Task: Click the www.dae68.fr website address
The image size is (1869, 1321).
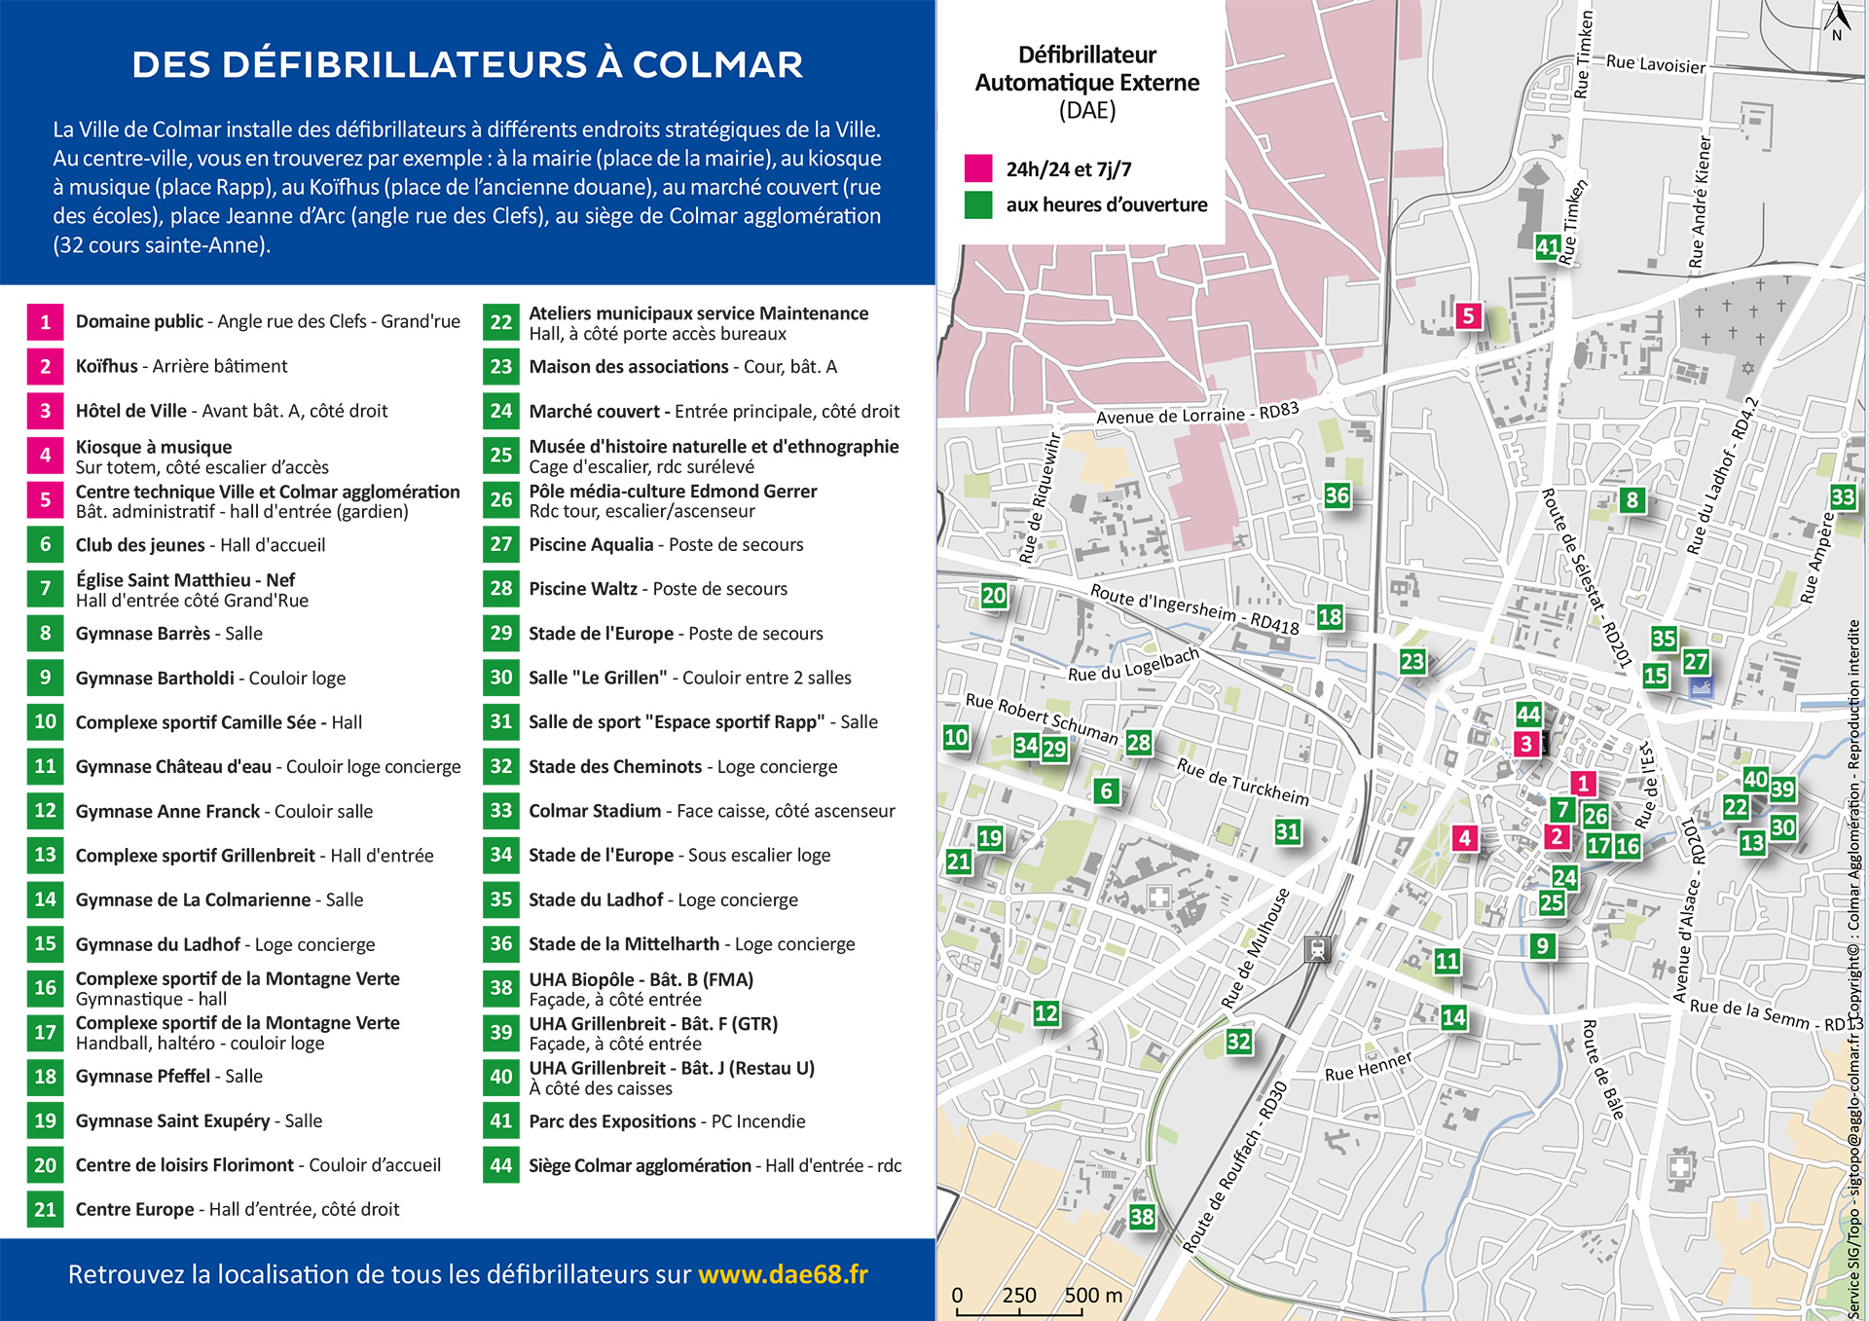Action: coord(783,1274)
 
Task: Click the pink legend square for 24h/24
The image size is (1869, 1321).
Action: coord(978,168)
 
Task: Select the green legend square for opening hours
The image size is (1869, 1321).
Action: coord(978,204)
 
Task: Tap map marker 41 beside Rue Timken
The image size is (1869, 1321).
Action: coord(1548,246)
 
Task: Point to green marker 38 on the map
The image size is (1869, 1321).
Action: coord(1142,1216)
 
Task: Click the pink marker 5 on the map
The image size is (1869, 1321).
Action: coord(1468,315)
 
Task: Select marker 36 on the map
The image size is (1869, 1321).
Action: coord(1338,495)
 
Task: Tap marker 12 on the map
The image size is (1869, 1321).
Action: coord(1045,1013)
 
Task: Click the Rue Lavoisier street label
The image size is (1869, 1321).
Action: coord(1655,64)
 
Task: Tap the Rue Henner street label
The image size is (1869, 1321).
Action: coord(1368,1067)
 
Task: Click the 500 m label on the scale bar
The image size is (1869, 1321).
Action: coord(1093,1296)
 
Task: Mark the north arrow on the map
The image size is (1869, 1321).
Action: coord(1837,19)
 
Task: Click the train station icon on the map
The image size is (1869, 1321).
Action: coord(1317,948)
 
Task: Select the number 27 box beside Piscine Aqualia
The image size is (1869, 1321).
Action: coord(500,544)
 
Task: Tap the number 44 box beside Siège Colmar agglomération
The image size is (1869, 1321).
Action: coord(500,1165)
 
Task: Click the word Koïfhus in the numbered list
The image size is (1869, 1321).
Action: coord(107,366)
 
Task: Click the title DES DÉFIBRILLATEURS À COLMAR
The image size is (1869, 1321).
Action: coord(467,64)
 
